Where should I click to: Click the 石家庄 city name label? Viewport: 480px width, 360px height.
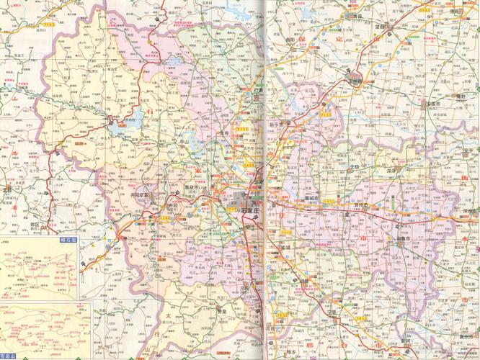click(x=251, y=210)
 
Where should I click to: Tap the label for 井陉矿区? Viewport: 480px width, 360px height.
click(x=143, y=194)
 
